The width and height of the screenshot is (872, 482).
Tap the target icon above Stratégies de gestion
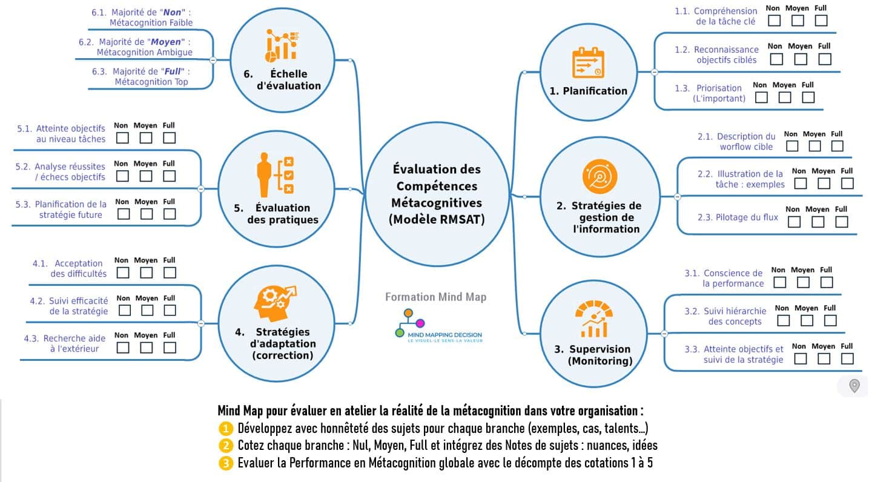coord(599,177)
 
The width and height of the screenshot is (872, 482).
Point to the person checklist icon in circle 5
coord(275,175)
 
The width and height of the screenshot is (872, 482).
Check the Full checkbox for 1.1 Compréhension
coord(821,21)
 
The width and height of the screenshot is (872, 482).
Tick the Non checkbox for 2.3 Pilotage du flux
coord(794,222)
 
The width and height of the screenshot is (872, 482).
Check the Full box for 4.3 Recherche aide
coord(170,348)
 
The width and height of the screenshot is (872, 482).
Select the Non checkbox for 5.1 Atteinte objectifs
coord(123,138)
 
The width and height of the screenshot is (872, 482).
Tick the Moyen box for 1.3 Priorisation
coord(785,97)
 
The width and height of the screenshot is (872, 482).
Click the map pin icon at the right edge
coord(854,386)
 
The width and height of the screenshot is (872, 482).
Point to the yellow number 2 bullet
coord(225,446)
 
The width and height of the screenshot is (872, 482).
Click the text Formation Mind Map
coord(435,297)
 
